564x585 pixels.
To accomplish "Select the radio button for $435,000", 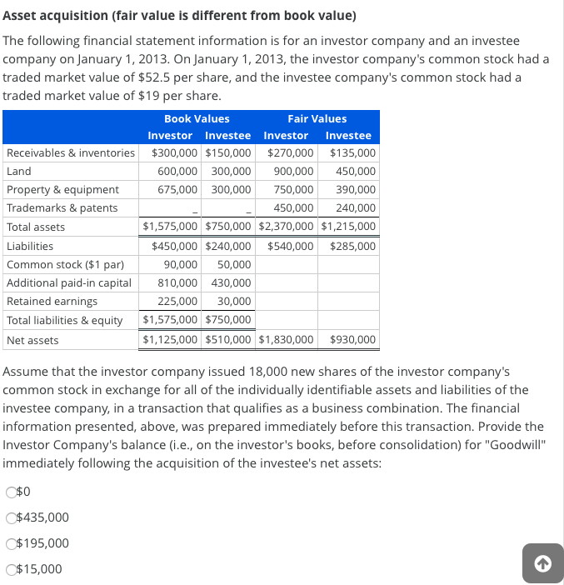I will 11,517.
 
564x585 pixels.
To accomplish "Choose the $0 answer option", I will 11,492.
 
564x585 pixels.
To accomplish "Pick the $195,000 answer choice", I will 11,543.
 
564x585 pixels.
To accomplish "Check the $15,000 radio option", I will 11,569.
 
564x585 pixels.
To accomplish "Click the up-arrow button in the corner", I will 542,564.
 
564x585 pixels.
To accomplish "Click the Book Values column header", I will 197,118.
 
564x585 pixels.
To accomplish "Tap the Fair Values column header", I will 317,118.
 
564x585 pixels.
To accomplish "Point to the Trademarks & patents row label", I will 62,207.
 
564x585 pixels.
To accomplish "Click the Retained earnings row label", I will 52,301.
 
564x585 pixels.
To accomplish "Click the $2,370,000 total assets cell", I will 287,227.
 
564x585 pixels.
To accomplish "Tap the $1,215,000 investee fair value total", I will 348,227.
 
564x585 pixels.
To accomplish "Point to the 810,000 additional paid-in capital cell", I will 177,282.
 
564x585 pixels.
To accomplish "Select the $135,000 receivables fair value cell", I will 352,152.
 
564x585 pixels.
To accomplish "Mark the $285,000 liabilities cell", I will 352,246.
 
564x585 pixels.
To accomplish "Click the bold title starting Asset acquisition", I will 179,16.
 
